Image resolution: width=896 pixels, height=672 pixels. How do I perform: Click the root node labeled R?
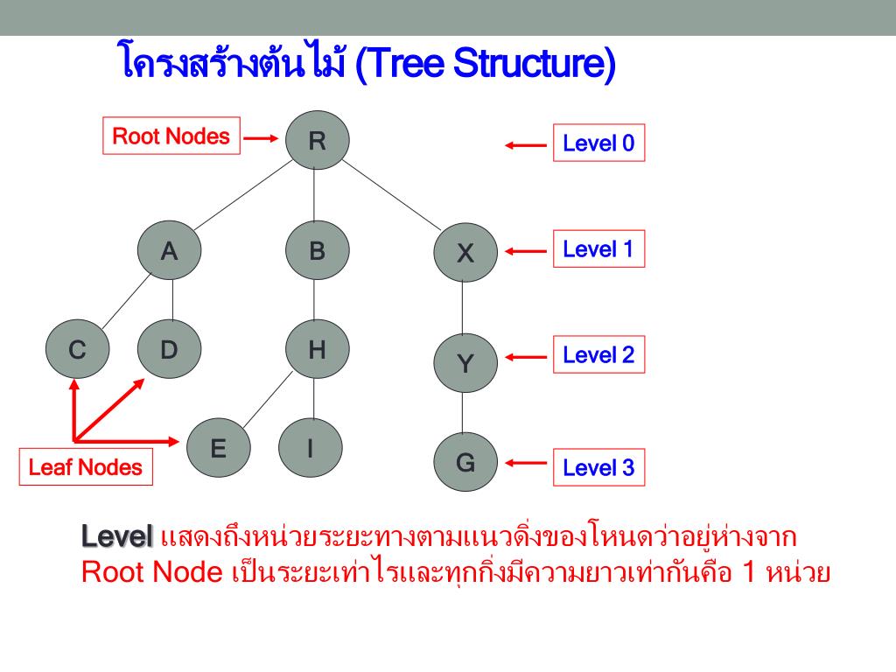317,140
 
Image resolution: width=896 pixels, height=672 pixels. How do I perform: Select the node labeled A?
169,251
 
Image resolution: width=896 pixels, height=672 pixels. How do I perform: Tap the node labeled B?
317,251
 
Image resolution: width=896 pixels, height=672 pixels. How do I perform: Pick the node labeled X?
465,253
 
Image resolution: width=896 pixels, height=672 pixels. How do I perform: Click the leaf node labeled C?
78,350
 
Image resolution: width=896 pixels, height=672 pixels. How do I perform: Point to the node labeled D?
169,350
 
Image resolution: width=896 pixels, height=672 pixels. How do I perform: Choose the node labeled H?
317,350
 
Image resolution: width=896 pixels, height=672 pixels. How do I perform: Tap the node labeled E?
219,449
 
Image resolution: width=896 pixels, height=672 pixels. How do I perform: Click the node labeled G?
465,462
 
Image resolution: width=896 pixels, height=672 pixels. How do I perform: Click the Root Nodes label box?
171,136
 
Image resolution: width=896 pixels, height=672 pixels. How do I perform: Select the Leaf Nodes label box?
85,467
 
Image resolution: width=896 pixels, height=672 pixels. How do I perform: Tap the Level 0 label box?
598,143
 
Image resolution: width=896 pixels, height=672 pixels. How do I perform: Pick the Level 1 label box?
598,249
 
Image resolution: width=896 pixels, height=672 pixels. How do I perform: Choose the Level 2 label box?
598,355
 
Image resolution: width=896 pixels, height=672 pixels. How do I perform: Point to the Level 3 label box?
598,467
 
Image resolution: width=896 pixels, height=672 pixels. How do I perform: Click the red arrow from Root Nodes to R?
261,138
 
